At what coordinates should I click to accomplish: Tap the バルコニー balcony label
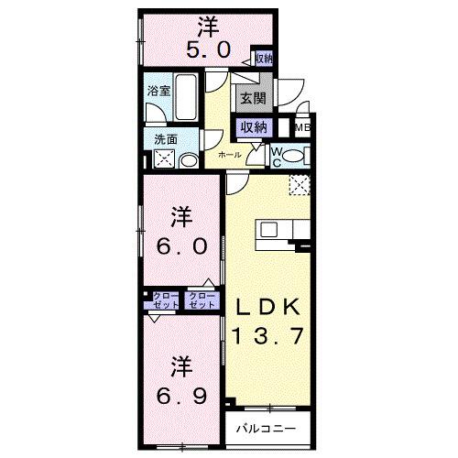tap(265, 428)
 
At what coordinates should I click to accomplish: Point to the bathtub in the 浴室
tap(187, 103)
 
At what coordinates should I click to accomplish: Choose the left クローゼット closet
tap(161, 300)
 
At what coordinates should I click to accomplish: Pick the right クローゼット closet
tap(202, 300)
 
